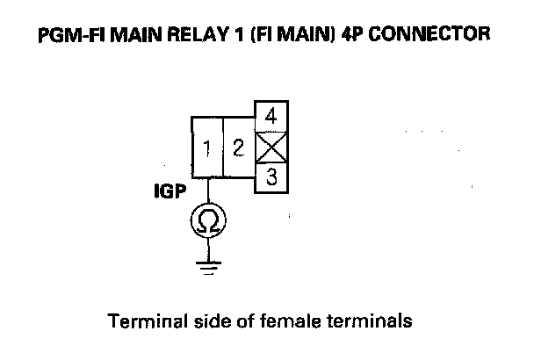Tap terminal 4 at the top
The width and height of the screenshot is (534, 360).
coord(271,116)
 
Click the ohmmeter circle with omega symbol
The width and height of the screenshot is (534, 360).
coord(208,220)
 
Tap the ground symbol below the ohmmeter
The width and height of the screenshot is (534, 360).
coord(208,267)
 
